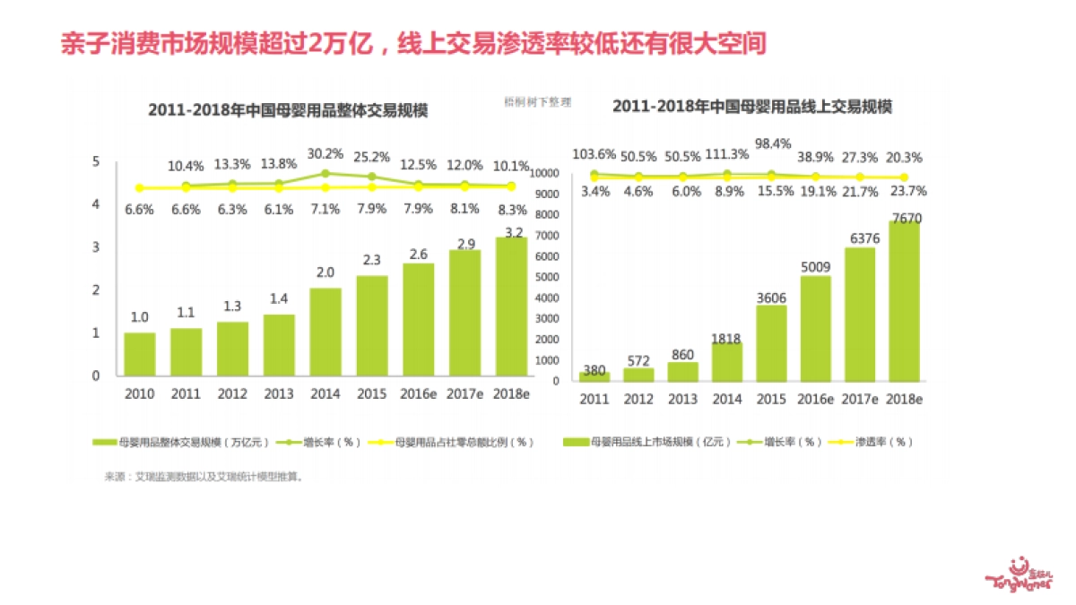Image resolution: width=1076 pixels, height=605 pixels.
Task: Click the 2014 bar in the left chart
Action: pos(325,331)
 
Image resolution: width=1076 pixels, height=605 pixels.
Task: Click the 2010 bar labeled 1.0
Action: pos(139,353)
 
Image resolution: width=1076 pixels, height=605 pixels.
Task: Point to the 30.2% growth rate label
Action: pos(325,153)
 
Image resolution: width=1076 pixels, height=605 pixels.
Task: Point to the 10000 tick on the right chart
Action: pos(545,173)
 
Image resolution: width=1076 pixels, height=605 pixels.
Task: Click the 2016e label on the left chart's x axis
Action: pos(419,393)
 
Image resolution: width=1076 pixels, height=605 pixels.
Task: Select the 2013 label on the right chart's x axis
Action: pos(682,399)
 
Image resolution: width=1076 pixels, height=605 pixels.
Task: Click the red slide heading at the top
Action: pos(412,43)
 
